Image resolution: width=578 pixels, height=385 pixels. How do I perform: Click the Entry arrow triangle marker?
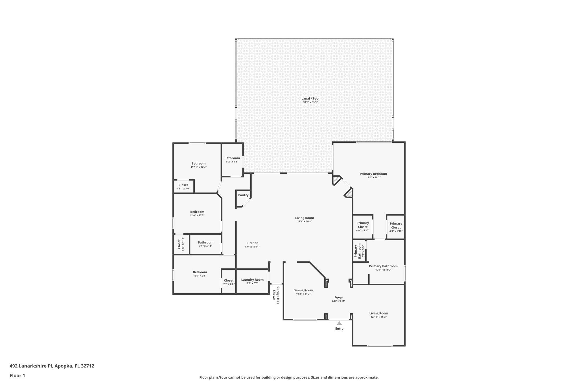tap(339, 323)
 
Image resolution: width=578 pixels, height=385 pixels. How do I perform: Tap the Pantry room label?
tap(243, 195)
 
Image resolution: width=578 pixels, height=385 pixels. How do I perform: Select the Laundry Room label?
tap(252, 280)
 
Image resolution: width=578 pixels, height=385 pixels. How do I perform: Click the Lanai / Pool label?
tap(310, 98)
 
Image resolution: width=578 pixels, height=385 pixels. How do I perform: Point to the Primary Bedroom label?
tap(373, 174)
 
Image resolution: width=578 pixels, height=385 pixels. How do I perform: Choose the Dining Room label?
tap(303, 290)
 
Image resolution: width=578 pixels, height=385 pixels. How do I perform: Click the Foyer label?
tap(339, 298)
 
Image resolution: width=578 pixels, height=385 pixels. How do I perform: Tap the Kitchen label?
tap(252, 243)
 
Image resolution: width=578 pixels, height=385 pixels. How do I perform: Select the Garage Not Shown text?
tap(276, 295)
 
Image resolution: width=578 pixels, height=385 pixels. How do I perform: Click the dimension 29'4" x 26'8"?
tap(305, 222)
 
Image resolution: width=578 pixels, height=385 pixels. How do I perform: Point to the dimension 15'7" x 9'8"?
tap(200, 276)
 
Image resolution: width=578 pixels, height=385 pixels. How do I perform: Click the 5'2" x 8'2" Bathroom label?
tap(232, 158)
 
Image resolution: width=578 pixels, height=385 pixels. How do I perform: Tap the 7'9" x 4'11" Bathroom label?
tap(205, 243)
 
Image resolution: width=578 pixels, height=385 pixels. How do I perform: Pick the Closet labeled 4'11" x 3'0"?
tap(183, 185)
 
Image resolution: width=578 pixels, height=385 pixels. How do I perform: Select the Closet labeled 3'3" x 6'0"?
tap(229, 281)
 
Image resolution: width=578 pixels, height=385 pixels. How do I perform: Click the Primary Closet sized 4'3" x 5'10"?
tap(396, 226)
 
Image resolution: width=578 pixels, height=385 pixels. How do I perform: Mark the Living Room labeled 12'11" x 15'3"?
tap(378, 313)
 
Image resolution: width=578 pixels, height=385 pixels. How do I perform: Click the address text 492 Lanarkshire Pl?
tap(31, 366)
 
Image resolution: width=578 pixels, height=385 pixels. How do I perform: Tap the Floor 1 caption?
tap(17, 375)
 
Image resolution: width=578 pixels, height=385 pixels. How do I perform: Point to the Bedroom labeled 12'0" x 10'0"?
tap(197, 212)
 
